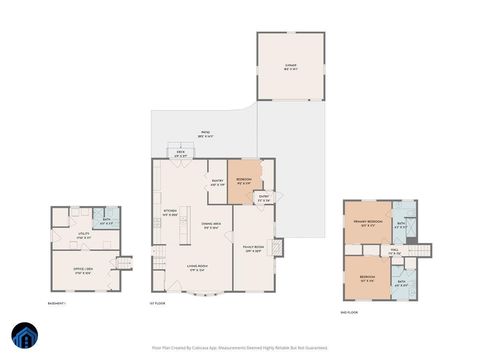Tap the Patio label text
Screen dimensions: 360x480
(x=204, y=134)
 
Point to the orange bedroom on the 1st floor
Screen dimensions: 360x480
(x=244, y=181)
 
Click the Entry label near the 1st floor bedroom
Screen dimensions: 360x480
(x=264, y=198)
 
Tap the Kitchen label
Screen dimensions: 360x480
(x=170, y=212)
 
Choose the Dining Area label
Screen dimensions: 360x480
(x=211, y=225)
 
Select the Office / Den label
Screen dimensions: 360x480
(x=83, y=269)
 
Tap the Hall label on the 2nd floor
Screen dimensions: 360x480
(x=397, y=252)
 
